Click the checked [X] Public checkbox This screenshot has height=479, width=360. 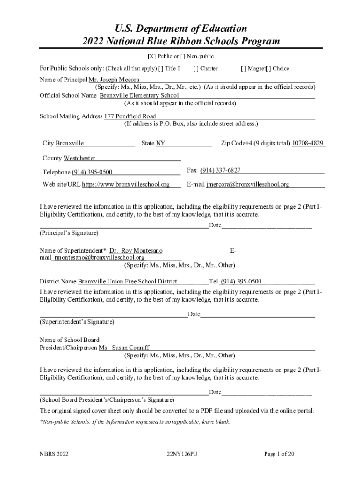point(151,57)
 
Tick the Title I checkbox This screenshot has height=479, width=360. point(161,68)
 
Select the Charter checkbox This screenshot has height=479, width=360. point(195,68)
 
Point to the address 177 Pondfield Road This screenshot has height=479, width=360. point(130,116)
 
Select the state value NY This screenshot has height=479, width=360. point(160,143)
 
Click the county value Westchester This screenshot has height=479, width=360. point(79,158)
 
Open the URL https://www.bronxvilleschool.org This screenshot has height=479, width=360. point(126,184)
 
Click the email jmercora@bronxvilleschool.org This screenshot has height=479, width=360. point(248,184)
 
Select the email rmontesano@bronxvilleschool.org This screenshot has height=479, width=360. point(99,257)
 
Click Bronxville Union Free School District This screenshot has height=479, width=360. point(127,282)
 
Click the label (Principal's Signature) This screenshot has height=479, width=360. point(69,232)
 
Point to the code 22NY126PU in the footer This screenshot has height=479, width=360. point(182,454)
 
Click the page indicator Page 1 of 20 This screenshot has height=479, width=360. point(279,454)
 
